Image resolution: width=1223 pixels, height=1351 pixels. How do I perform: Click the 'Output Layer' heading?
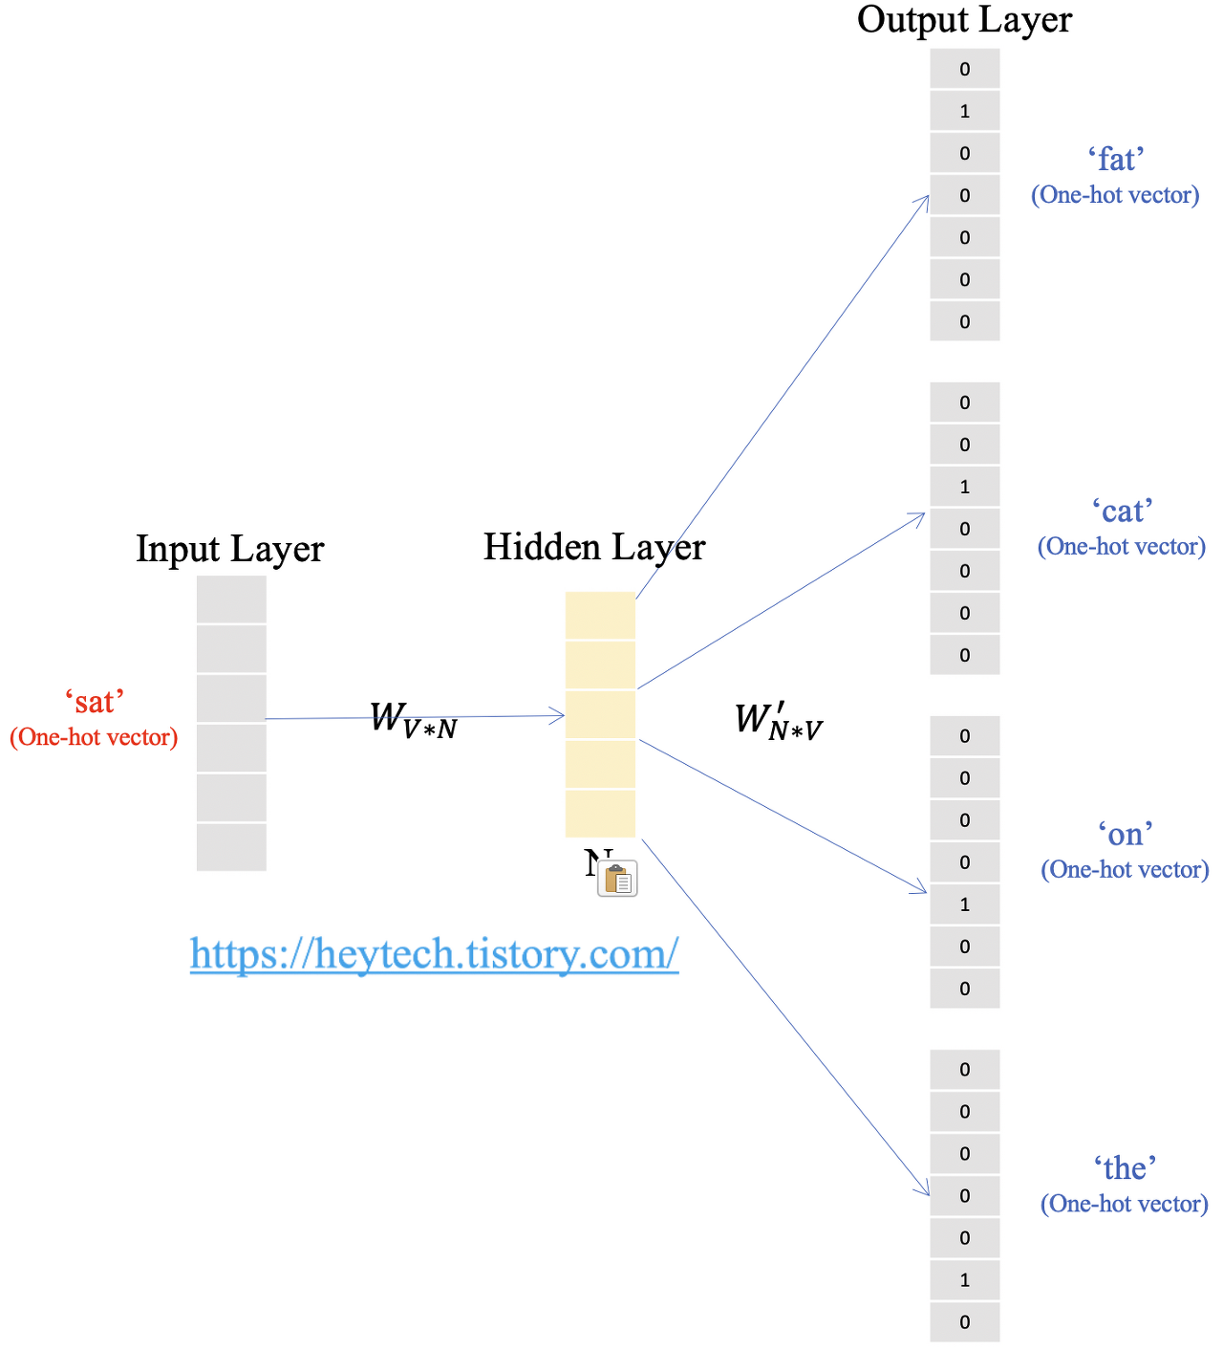coord(964,20)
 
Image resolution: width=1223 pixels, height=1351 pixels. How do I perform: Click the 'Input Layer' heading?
coord(229,549)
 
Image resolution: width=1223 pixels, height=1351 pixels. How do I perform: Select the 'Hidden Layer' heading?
coord(593,547)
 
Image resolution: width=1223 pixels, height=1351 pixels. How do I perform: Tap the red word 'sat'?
coord(95,702)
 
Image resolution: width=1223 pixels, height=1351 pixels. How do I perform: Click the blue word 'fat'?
coord(1115,159)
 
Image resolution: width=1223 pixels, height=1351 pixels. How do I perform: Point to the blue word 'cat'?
coord(1122,511)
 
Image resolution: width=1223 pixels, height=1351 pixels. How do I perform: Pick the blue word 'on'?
coord(1125,834)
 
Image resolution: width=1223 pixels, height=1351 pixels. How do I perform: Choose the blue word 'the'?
coord(1125,1167)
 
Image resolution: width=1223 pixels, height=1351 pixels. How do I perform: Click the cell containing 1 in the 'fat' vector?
coord(965,111)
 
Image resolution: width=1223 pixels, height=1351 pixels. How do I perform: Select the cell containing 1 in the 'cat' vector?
coord(965,487)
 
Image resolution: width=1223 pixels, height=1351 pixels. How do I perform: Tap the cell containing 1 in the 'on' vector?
coord(965,904)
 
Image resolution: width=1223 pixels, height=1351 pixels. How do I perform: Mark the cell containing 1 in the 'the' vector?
coord(965,1280)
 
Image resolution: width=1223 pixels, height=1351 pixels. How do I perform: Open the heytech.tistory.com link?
coord(434,953)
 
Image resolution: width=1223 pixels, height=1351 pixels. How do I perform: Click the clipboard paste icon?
coord(617,879)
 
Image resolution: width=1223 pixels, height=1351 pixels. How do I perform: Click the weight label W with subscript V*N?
coord(413,719)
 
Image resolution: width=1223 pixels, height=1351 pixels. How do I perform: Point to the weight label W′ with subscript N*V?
coord(778,722)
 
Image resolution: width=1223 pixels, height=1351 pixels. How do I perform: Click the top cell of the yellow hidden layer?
coord(600,616)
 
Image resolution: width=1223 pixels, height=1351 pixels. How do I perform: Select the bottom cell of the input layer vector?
coord(231,847)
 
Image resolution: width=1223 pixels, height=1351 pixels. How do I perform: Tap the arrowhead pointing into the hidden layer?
coord(558,715)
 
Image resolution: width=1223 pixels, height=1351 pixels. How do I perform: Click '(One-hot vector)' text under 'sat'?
coord(94,737)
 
